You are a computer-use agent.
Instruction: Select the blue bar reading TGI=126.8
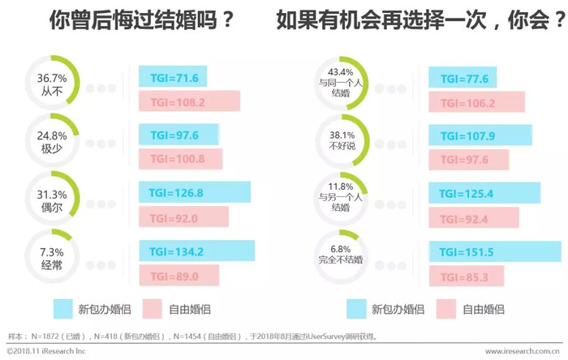click(195, 193)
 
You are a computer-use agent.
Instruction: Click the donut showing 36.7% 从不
click(52, 84)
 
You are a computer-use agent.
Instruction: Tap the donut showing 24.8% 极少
click(52, 140)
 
